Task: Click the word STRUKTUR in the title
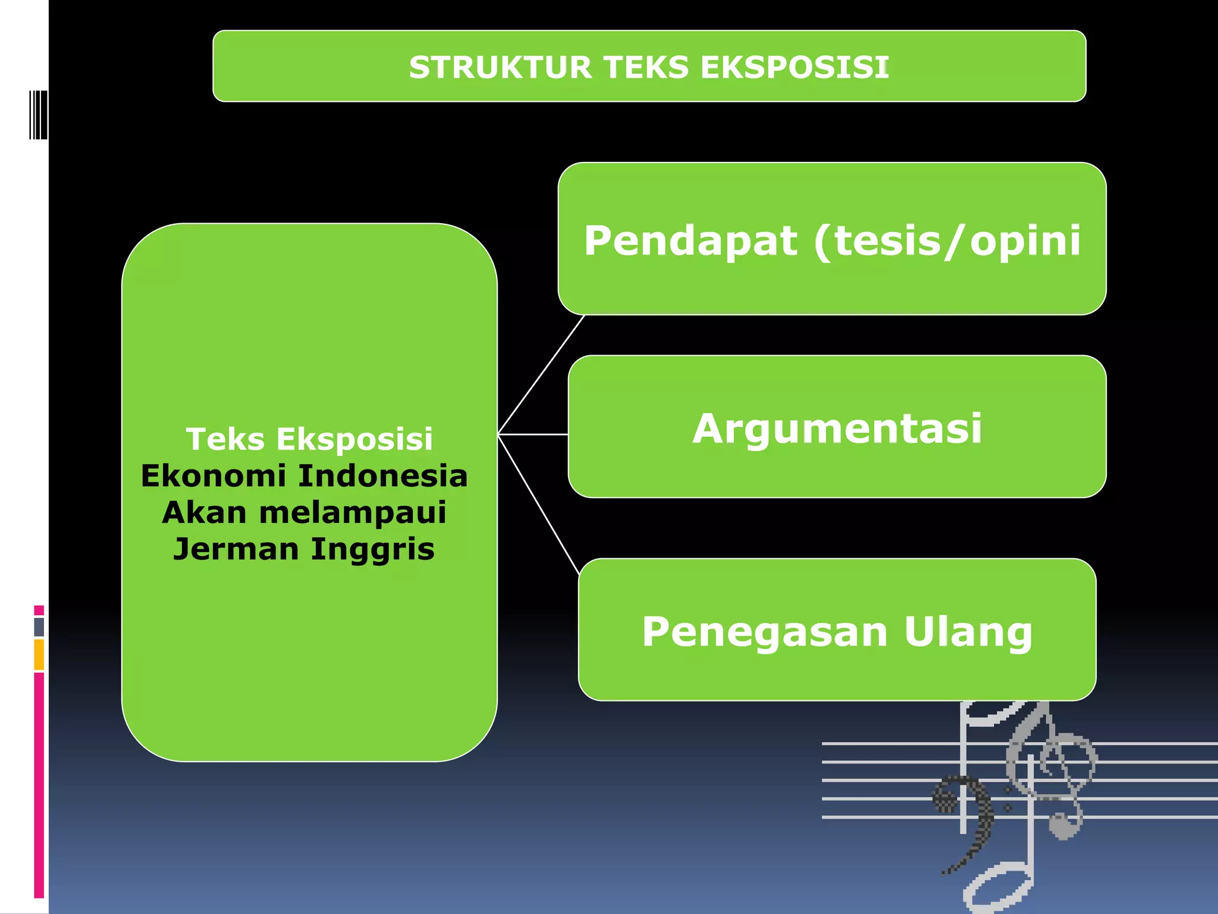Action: tap(500, 67)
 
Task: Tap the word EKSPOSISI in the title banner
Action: tap(795, 67)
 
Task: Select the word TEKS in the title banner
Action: tap(646, 67)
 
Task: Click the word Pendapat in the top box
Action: tap(690, 241)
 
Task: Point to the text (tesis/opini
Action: tap(947, 241)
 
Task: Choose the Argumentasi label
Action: tap(837, 428)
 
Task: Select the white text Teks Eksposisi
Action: tap(309, 439)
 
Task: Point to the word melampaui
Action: tap(352, 512)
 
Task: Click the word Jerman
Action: tap(236, 549)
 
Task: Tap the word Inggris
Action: tap(372, 549)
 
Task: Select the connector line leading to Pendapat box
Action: tap(541, 375)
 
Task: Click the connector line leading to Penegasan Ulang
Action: tap(538, 503)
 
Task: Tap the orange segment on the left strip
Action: tap(39, 655)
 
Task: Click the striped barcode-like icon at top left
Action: tap(38, 114)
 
